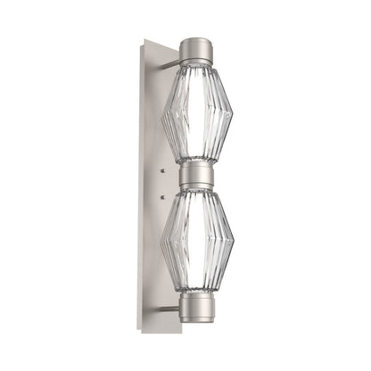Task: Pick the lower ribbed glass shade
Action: (x=195, y=239)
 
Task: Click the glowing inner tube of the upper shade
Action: (x=195, y=116)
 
